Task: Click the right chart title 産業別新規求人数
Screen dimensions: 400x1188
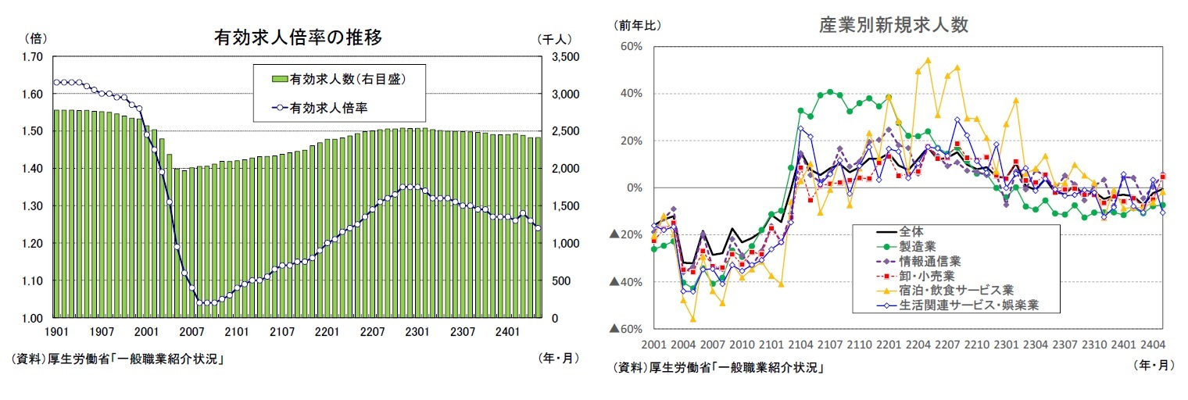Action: point(893,25)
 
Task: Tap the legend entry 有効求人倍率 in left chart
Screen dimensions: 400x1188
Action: point(328,107)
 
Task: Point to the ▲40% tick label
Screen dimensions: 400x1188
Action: point(625,282)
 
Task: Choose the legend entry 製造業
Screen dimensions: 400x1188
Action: point(916,246)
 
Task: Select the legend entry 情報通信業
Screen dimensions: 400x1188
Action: point(922,261)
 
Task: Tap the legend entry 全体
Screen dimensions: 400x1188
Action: point(911,231)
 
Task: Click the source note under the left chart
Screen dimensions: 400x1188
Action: point(118,359)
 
